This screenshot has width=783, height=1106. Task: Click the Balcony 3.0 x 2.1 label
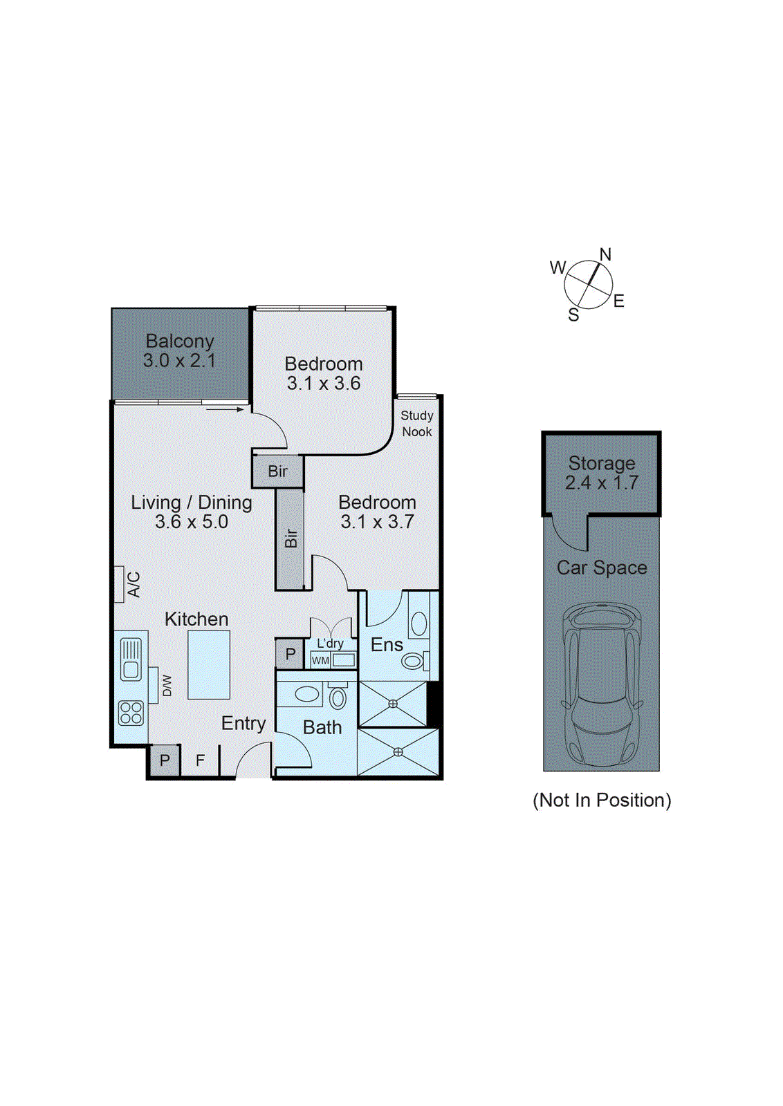(179, 350)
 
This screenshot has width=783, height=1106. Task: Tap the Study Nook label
(416, 423)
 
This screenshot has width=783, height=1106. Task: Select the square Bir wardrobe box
(277, 471)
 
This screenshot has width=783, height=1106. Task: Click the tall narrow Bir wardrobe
(291, 538)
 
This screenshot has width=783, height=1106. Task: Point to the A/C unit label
(133, 584)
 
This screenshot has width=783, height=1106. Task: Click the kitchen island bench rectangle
(209, 664)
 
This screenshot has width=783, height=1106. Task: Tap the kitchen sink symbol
(131, 659)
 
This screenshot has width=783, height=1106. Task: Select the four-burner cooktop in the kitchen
(131, 713)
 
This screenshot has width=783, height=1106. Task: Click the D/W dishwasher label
(167, 685)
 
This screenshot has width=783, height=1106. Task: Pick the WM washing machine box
(320, 660)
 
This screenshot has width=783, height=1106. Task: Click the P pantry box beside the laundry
(290, 653)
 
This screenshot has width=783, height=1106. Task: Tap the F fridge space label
(200, 760)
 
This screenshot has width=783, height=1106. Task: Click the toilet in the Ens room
(414, 661)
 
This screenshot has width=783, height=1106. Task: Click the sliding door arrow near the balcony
(225, 409)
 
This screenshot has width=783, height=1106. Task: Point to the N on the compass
(605, 254)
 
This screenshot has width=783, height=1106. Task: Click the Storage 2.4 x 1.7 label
(601, 473)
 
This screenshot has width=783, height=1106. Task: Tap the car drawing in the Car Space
(601, 681)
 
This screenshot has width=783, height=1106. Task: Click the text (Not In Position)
(601, 800)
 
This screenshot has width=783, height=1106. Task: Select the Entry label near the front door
(243, 723)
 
